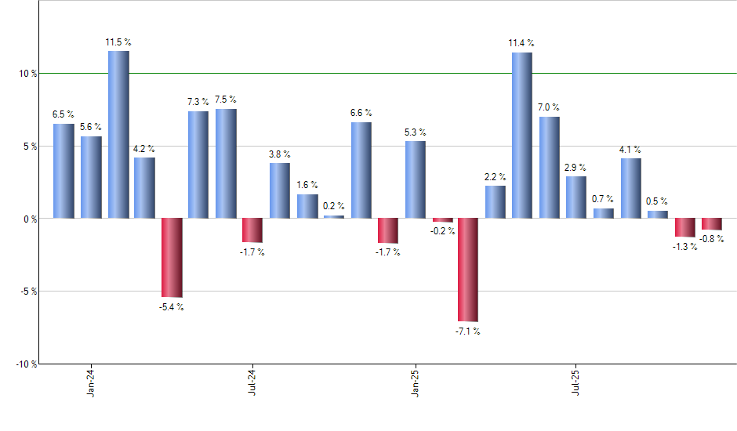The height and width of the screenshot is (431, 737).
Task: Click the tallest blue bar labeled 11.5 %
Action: click(118, 134)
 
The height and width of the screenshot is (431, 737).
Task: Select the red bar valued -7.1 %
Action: click(468, 270)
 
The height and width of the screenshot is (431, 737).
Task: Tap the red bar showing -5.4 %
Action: click(172, 258)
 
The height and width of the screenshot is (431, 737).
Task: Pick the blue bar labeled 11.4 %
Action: click(521, 135)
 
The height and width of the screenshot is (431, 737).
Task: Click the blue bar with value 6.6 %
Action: click(361, 170)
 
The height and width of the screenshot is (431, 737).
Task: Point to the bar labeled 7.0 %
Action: click(549, 167)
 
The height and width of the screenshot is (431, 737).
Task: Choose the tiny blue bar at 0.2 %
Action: click(334, 216)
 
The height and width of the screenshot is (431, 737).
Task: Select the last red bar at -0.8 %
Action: click(711, 223)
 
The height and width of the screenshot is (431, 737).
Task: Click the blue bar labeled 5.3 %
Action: click(415, 179)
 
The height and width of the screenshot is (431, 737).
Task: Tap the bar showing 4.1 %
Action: click(630, 188)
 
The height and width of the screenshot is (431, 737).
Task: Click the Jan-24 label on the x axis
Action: click(91, 382)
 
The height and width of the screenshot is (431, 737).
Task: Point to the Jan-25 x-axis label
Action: click(414, 382)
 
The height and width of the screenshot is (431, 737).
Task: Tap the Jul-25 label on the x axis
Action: click(575, 382)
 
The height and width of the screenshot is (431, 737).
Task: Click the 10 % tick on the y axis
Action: click(28, 74)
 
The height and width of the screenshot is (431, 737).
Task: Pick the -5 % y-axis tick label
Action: click(27, 292)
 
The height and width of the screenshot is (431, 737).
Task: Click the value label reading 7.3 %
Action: click(198, 102)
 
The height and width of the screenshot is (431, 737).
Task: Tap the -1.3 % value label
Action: click(684, 247)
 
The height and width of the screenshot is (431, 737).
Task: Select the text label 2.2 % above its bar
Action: click(495, 177)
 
